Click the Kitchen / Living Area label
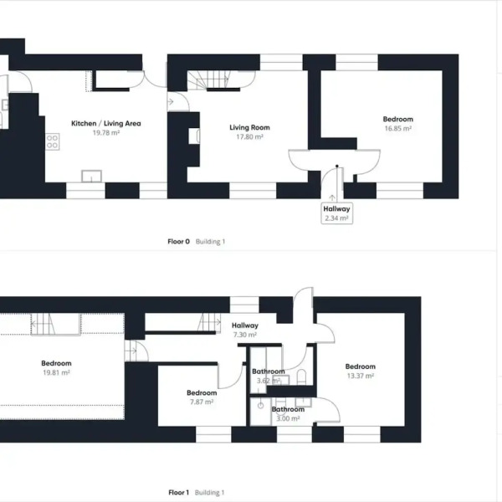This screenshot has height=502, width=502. click(106, 123)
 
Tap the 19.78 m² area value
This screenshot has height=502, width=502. click(106, 132)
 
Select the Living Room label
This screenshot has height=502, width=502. click(249, 127)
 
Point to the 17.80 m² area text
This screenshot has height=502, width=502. click(249, 136)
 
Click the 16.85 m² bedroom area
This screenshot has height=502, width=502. click(397, 129)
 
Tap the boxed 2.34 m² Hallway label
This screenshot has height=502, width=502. click(336, 213)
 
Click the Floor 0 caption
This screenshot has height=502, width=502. click(178, 242)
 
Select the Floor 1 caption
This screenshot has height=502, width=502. click(178, 493)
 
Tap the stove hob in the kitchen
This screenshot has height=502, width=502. click(53, 141)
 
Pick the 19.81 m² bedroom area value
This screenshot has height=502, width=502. click(56, 373)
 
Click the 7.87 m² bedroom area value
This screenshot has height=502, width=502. click(202, 402)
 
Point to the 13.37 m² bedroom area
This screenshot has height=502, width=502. click(361, 376)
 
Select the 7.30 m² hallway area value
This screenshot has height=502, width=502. click(245, 335)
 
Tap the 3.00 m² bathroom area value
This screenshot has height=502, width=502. click(288, 418)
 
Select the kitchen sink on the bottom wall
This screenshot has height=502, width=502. click(91, 176)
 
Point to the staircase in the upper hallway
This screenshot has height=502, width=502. click(207, 322)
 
